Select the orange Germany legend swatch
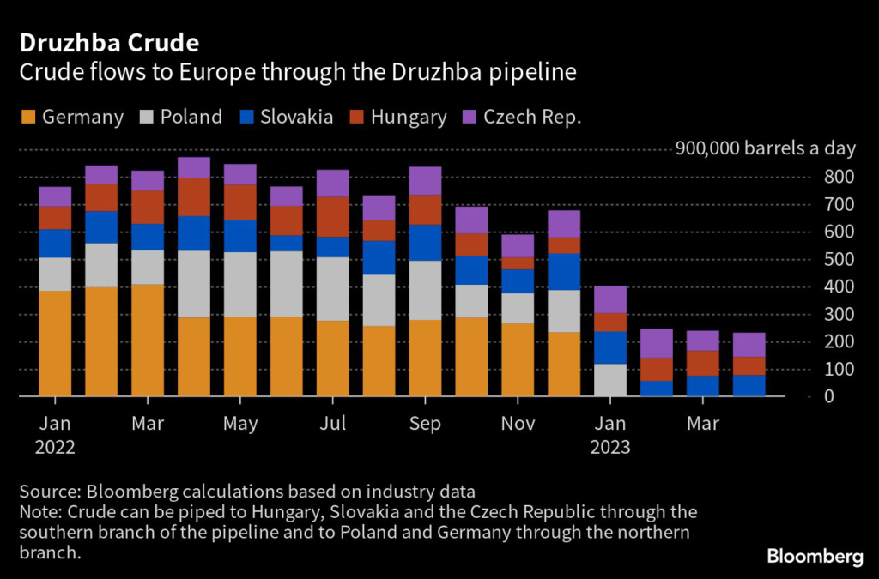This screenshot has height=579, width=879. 27,117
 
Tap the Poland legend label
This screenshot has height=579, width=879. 191,117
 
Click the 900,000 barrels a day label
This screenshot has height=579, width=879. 766,148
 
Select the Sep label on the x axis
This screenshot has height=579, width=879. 425,424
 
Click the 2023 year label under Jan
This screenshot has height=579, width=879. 610,447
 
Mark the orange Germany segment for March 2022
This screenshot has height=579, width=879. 148,340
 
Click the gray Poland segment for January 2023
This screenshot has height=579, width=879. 610,380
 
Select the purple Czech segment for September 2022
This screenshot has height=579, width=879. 425,181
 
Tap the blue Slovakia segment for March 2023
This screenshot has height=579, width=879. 703,386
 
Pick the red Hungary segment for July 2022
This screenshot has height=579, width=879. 333,216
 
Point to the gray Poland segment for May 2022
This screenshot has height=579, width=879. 240,284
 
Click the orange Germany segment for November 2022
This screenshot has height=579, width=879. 518,359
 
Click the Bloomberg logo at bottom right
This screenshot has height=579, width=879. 815,557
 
